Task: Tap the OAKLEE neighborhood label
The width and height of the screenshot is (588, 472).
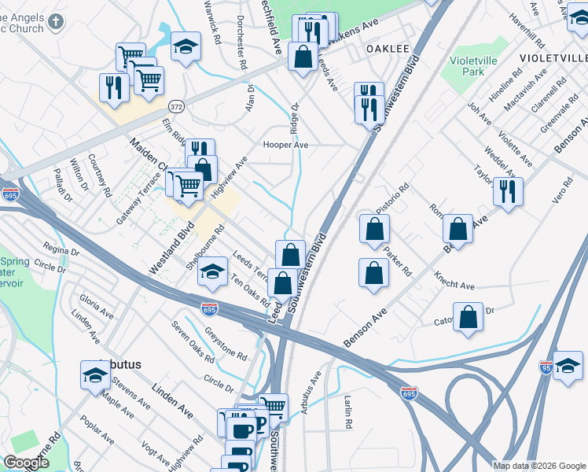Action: (388, 49)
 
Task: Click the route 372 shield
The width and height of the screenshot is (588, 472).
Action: (177, 105)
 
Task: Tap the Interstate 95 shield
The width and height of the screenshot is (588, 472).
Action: (546, 367)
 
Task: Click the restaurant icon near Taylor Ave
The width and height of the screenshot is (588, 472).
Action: (508, 191)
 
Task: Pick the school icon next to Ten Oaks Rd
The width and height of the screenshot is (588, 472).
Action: (211, 271)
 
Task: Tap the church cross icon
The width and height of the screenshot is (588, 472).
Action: (54, 21)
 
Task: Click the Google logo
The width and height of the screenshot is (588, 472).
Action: (27, 463)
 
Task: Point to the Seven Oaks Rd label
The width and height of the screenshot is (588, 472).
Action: (193, 342)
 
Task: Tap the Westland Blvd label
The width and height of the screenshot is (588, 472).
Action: (171, 252)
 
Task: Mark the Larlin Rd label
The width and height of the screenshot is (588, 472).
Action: (347, 412)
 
